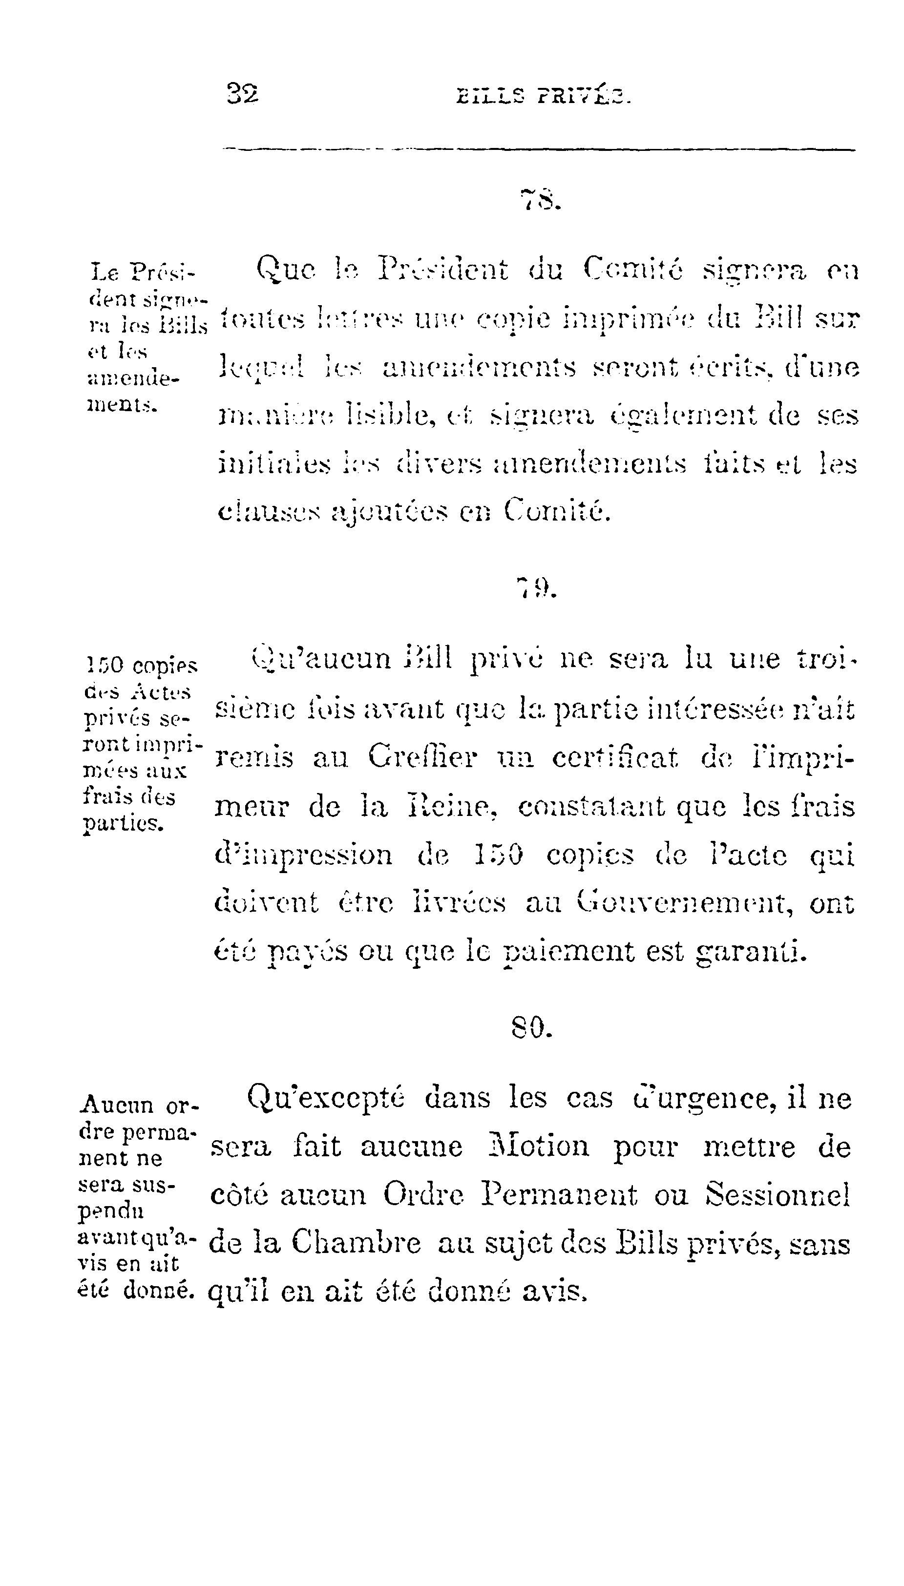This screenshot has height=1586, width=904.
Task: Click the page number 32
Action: [243, 94]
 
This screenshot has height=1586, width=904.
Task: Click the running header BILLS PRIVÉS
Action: [543, 96]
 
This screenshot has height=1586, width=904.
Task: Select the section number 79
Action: [538, 586]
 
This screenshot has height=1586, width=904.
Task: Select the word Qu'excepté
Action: [326, 1098]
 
